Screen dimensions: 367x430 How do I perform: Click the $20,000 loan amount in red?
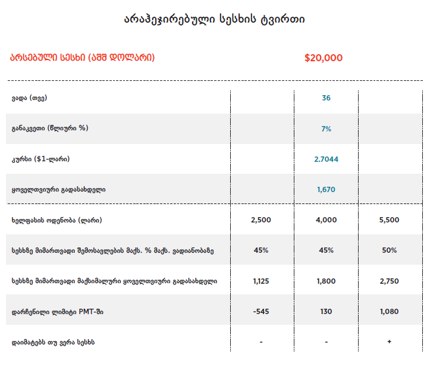pos(323,58)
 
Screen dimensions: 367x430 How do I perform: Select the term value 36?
pos(326,98)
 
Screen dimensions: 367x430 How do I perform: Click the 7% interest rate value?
pos(326,128)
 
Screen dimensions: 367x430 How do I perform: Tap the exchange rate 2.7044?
pos(326,159)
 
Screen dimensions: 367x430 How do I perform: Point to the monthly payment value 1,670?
pos(326,190)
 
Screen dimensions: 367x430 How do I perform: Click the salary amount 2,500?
pos(261,220)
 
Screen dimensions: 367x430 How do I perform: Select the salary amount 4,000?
pos(326,220)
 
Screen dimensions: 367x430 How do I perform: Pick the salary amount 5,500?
pos(390,220)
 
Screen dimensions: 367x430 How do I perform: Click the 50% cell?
pos(390,250)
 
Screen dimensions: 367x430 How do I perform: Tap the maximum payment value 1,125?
pos(261,281)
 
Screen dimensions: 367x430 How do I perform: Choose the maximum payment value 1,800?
pos(326,281)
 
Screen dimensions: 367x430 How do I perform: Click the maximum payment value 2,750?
pos(390,281)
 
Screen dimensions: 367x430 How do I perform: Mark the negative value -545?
pos(261,311)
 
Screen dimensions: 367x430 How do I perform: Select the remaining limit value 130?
pos(326,311)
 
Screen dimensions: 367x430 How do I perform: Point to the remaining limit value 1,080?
pos(390,311)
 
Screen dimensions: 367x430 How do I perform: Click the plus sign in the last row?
pos(390,342)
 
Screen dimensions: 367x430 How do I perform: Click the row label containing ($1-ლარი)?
pos(45,159)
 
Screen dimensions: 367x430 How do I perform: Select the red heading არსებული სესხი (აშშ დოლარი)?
pos(82,58)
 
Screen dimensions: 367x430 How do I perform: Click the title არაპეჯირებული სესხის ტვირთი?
pos(215,20)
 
